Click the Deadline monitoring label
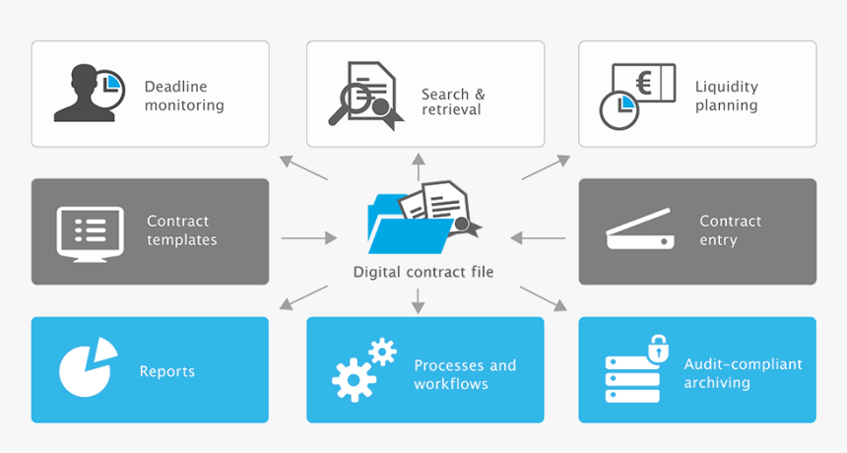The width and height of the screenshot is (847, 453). click(184, 96)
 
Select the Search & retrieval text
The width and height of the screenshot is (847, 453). click(453, 101)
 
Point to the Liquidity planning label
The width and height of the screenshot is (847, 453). click(726, 96)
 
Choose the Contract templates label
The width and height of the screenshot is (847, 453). click(181, 230)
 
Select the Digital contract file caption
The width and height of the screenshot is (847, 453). click(423, 272)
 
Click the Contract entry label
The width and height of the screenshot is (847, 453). click(730, 230)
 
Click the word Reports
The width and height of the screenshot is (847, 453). click(167, 371)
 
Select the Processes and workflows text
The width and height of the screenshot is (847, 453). click(465, 374)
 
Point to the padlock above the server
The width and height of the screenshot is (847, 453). click(658, 347)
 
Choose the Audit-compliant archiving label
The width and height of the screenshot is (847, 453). click(743, 373)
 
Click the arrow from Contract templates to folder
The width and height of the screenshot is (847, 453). click(308, 238)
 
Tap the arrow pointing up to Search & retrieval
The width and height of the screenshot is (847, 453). click(418, 165)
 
